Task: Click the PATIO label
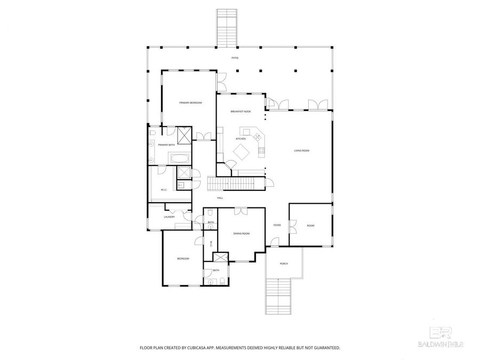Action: tap(235, 58)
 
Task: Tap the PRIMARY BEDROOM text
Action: tap(190, 102)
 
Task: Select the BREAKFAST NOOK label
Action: tap(241, 111)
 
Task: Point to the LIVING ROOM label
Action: tap(301, 151)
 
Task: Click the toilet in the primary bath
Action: tap(151, 132)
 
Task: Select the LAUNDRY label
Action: tap(169, 217)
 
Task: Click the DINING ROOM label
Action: tap(241, 234)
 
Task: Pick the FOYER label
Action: tap(277, 225)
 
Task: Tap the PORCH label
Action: tap(284, 263)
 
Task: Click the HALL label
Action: tap(220, 198)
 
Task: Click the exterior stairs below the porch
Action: tap(278, 298)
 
